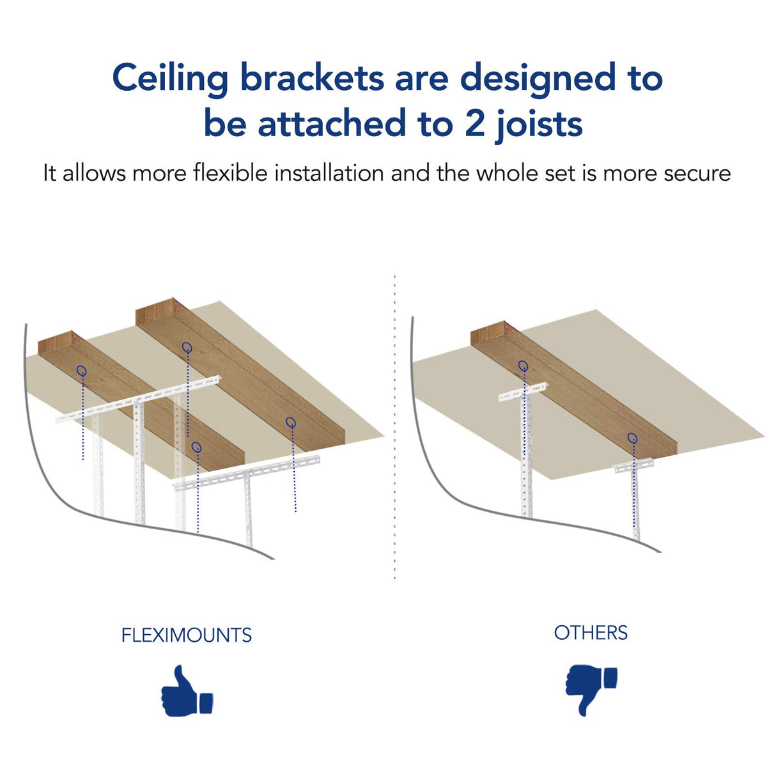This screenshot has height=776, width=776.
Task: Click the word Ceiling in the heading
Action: [170, 79]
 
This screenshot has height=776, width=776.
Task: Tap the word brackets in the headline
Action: [312, 78]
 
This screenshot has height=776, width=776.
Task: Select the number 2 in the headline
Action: [474, 123]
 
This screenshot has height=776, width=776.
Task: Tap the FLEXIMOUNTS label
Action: [187, 635]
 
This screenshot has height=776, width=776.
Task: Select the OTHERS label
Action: [591, 633]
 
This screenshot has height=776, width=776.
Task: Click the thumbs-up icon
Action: [186, 692]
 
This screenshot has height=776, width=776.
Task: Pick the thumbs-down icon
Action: [591, 689]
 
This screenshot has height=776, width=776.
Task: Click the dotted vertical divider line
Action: [394, 428]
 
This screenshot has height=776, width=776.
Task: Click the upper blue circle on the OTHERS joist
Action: [523, 366]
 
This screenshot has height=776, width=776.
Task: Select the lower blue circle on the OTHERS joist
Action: [632, 438]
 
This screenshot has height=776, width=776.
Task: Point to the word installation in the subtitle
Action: [329, 173]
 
